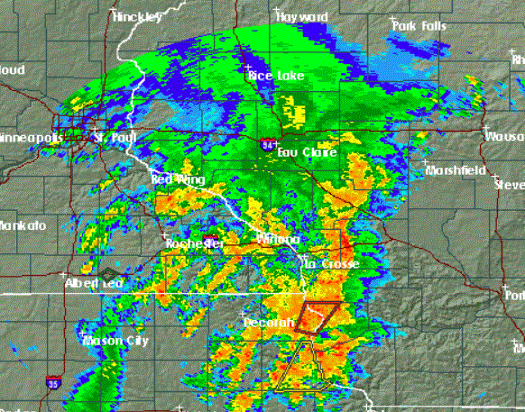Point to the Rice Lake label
click(x=276, y=77)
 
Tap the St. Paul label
click(x=115, y=138)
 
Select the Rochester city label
click(x=194, y=244)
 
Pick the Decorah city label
click(x=269, y=322)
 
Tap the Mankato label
click(x=17, y=224)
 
